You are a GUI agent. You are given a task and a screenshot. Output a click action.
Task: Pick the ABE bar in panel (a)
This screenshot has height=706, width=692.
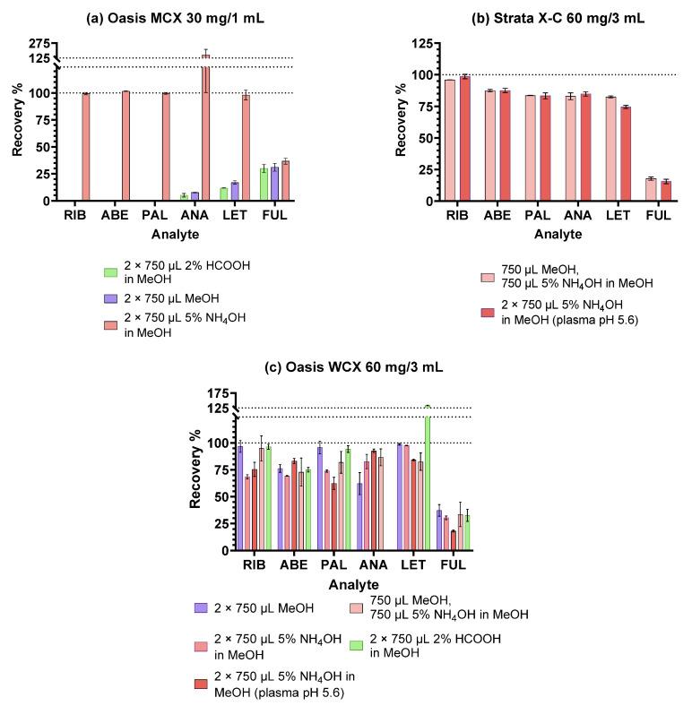[x=125, y=146]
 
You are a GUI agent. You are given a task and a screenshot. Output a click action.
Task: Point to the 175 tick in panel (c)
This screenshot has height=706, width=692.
[x=216, y=393]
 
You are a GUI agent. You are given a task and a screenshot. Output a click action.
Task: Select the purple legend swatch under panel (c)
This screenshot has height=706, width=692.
[x=202, y=608]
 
